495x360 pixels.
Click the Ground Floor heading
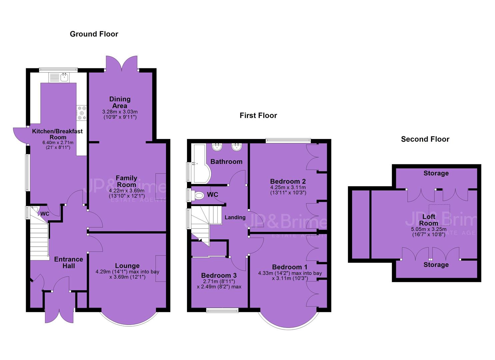point(94,34)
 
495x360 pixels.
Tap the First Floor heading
point(258,115)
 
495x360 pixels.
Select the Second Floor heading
point(425,139)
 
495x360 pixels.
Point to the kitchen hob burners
point(82,113)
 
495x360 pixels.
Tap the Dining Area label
point(120,102)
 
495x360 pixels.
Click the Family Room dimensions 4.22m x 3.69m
point(127,190)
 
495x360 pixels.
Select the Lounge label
point(127,266)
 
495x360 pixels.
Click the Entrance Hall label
point(69,263)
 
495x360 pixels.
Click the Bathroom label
point(226,162)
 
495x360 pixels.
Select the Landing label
point(235,217)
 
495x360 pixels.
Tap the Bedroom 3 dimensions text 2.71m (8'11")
point(219,281)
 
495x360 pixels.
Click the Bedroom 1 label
point(290,267)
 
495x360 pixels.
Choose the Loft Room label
point(429,220)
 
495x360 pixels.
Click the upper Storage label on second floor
point(436,173)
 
